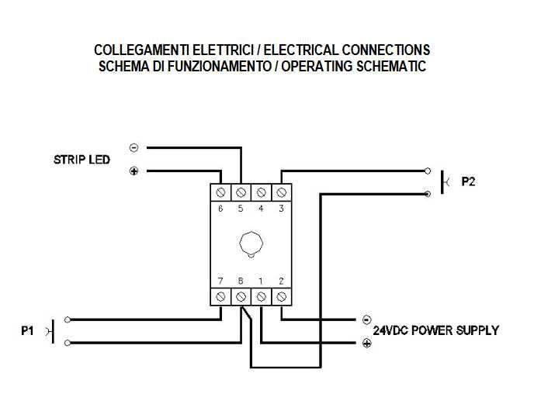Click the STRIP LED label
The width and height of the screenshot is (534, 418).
coord(81,160)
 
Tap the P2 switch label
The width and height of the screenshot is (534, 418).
coord(468,182)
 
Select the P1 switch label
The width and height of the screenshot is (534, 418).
coord(28,330)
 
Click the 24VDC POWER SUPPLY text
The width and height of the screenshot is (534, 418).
coord(436,330)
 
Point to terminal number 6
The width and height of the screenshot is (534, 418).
coord(220,209)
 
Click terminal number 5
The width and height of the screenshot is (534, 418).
coord(241,209)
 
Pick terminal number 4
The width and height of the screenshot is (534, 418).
coord(261,209)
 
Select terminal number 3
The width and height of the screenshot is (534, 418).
coord(281,209)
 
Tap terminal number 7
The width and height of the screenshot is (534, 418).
coord(220,280)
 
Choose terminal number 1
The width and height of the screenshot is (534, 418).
coord(261,280)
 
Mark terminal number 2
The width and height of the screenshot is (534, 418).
coord(281,280)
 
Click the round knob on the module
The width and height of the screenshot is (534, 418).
coord(250,244)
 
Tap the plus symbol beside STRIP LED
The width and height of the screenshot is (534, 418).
coord(133,171)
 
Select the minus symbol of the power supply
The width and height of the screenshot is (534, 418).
coord(366,319)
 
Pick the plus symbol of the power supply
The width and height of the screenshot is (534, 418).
coord(366,342)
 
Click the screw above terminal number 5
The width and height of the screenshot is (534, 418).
coord(241,191)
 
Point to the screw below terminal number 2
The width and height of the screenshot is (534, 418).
coord(281,296)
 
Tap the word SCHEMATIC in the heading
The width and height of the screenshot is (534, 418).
coord(391,66)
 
